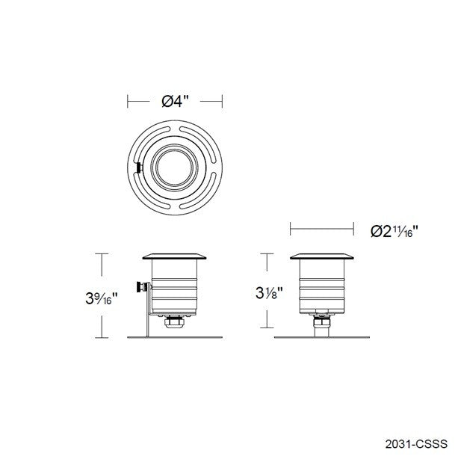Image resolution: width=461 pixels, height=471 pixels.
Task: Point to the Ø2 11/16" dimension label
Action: coord(394,231)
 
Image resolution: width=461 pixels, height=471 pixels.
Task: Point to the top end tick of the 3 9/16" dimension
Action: coord(102,254)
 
